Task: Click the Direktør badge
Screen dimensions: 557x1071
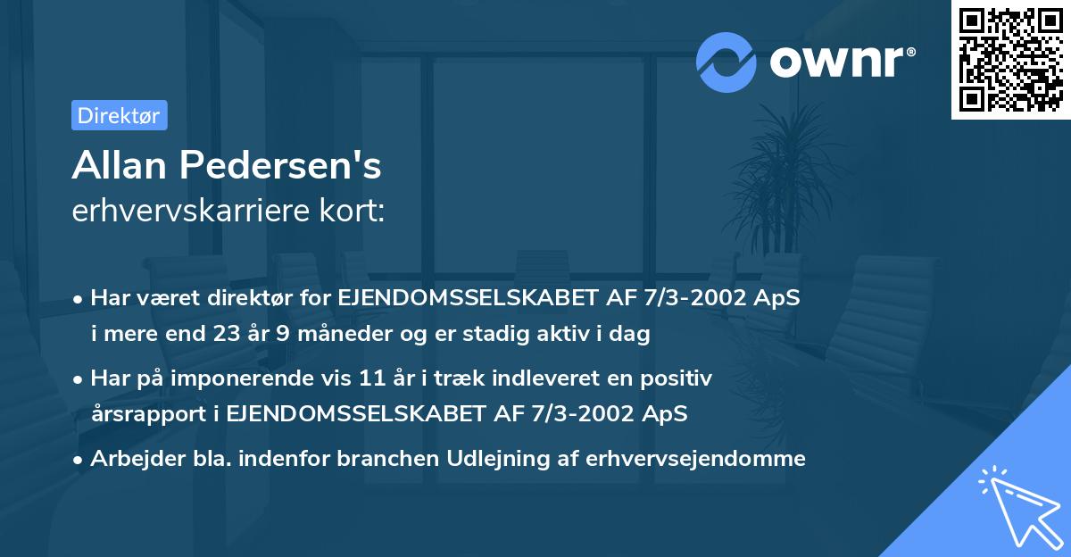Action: pos(119,115)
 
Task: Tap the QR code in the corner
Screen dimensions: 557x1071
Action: pos(1010,59)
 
